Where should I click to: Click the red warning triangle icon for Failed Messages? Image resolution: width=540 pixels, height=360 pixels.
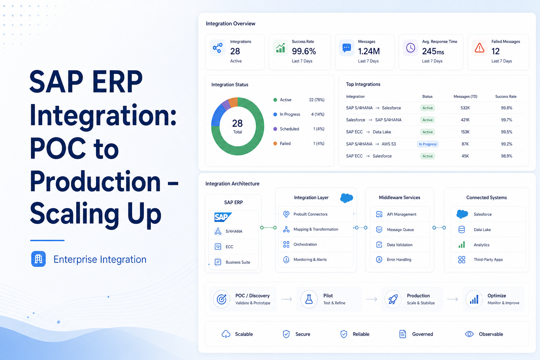click(x=479, y=48)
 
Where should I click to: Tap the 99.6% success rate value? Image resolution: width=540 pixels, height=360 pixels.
click(x=304, y=51)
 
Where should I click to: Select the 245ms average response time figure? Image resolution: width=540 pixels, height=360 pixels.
click(x=433, y=51)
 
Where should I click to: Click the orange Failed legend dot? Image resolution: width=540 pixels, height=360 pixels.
click(x=275, y=143)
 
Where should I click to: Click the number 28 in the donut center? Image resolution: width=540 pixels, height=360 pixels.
click(x=237, y=123)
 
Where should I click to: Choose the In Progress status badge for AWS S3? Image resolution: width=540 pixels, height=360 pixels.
click(x=427, y=144)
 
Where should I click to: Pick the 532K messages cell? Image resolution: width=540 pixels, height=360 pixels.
click(x=465, y=108)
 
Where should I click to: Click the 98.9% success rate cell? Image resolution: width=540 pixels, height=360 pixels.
click(x=507, y=156)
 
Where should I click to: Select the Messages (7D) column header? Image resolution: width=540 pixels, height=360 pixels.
click(x=465, y=96)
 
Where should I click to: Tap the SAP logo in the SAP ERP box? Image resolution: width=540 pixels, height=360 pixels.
click(x=223, y=217)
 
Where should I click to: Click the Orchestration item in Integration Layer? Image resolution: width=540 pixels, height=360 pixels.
click(x=305, y=244)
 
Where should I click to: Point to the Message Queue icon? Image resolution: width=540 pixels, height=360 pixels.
click(x=379, y=230)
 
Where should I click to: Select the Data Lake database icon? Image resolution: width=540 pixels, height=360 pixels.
click(x=461, y=230)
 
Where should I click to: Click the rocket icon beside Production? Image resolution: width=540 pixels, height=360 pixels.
click(x=393, y=299)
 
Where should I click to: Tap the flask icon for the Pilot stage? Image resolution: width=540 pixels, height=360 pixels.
click(x=309, y=299)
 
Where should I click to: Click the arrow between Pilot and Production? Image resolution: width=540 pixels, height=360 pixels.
click(x=372, y=299)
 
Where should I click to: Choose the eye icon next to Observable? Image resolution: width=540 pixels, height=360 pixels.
click(x=469, y=334)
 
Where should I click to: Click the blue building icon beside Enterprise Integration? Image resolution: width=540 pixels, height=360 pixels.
click(x=38, y=259)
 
